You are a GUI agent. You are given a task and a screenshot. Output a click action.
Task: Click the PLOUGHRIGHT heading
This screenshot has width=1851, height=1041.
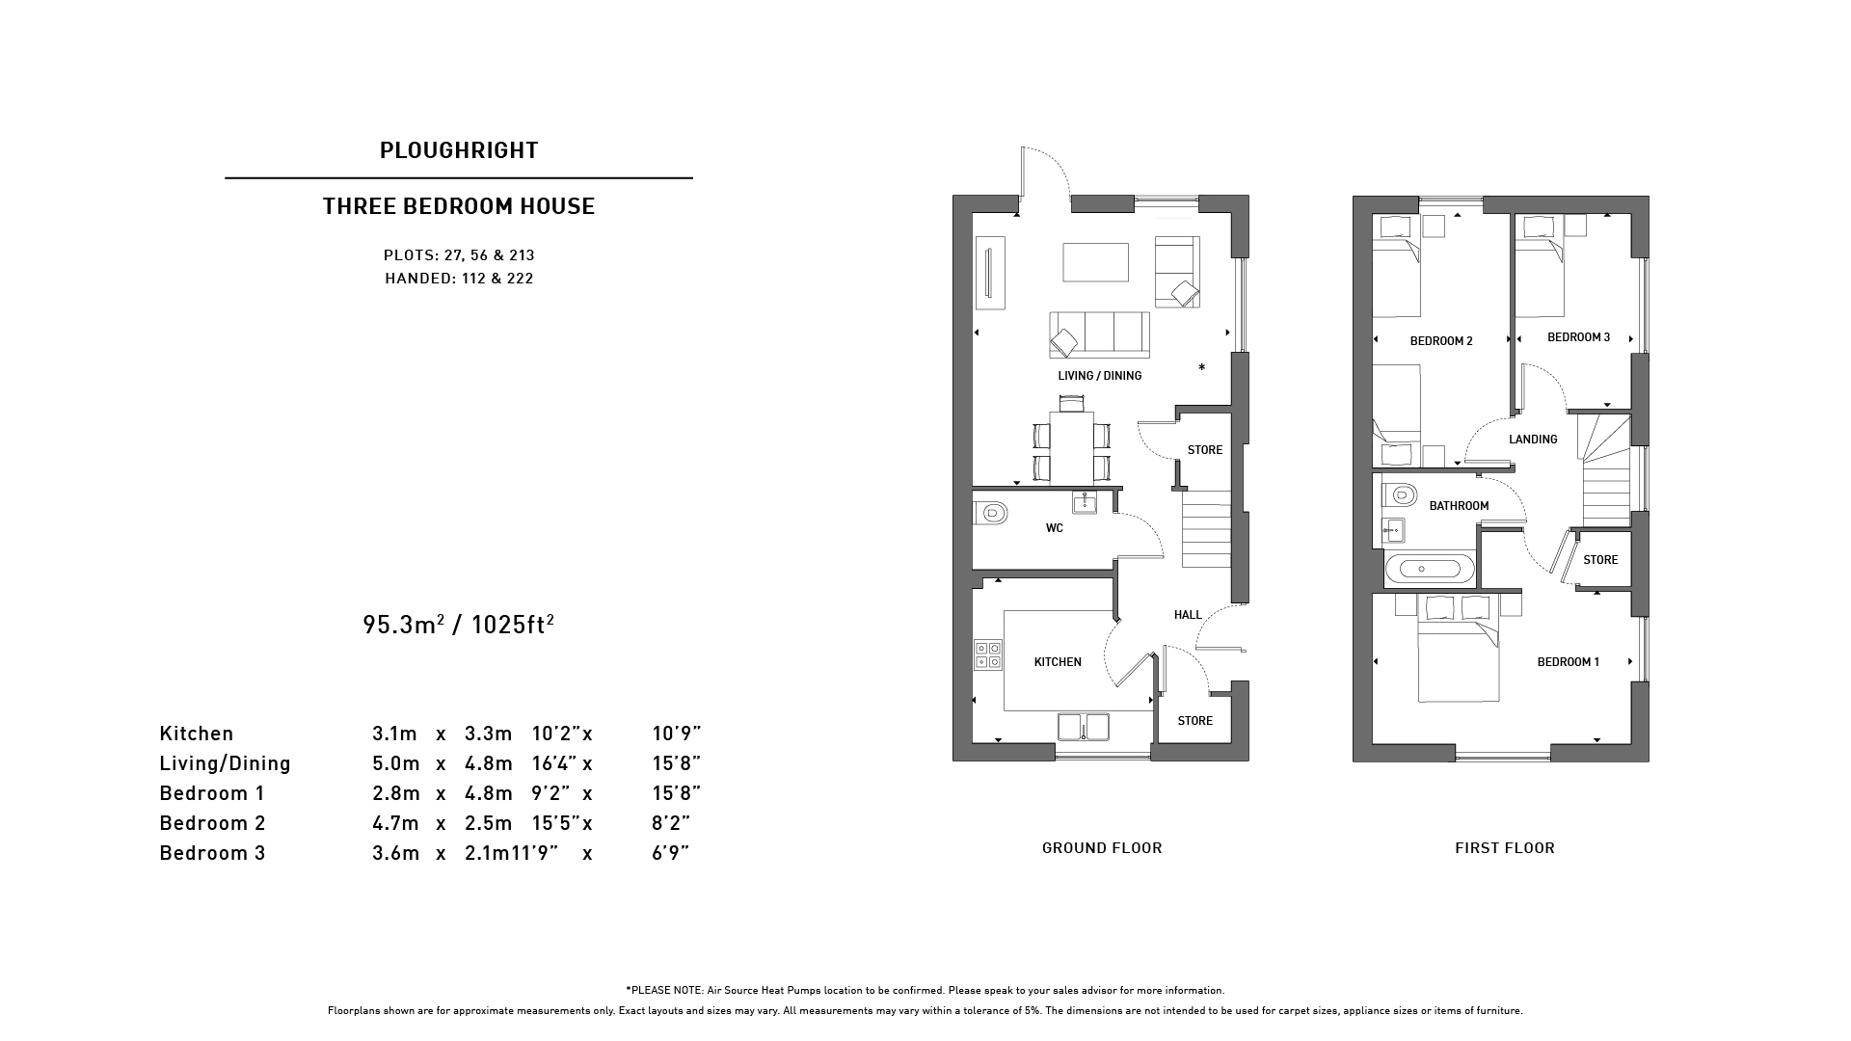click(x=459, y=150)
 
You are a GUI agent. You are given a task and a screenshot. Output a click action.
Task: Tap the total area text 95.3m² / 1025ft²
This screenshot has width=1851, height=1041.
click(x=459, y=625)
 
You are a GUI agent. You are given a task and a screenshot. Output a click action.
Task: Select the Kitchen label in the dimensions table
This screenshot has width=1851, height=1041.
click(x=197, y=734)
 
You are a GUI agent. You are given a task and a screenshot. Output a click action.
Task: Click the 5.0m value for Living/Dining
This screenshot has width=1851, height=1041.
click(x=396, y=763)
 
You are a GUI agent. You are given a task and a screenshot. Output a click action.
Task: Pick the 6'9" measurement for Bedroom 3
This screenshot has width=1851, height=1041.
click(x=671, y=853)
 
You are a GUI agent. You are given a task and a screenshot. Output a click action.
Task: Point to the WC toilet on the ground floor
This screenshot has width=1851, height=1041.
click(x=990, y=513)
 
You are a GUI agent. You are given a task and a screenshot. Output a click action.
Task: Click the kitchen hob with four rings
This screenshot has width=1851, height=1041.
click(x=988, y=655)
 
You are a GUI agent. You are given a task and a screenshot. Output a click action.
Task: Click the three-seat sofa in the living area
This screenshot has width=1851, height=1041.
click(x=1100, y=334)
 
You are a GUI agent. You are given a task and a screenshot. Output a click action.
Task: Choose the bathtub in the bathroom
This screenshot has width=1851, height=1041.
click(x=1430, y=570)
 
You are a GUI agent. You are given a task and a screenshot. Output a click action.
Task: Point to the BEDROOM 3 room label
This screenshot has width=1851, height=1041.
click(x=1579, y=337)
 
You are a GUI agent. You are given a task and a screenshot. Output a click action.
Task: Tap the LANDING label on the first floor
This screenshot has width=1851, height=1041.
click(x=1533, y=440)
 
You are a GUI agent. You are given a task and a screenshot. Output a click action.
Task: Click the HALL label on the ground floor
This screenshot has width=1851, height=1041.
click(x=1188, y=615)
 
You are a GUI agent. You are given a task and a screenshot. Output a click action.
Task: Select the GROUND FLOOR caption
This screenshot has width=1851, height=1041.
click(x=1102, y=848)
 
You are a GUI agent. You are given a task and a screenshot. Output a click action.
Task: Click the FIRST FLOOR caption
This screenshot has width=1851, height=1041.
click(x=1505, y=848)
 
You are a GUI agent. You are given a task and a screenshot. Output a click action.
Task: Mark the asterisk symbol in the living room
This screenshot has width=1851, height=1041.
click(x=1201, y=367)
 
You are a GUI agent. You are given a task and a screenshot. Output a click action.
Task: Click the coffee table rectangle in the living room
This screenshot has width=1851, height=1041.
click(x=1096, y=262)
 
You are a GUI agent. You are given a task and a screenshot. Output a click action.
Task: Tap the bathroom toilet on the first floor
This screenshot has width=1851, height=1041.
click(x=1400, y=495)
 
